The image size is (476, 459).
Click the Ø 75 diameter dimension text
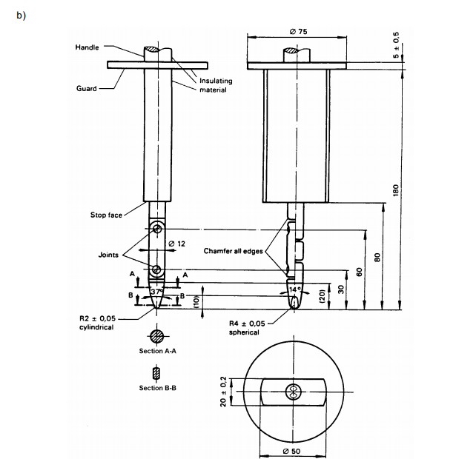click(298, 32)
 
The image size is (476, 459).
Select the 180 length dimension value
click(395, 190)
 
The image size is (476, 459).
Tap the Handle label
click(87, 47)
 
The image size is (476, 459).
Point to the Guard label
click(87, 89)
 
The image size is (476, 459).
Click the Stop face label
click(106, 215)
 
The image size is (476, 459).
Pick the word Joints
click(108, 255)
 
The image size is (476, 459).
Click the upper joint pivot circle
click(157, 229)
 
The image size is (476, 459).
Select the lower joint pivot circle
click(156, 269)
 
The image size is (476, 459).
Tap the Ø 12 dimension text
click(176, 244)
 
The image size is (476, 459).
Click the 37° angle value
click(156, 292)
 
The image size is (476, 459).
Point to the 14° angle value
click(295, 289)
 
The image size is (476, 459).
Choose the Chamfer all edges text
click(233, 251)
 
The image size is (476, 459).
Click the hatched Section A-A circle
click(157, 336)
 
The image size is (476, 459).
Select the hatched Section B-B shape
click(156, 374)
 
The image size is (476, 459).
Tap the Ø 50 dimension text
click(291, 451)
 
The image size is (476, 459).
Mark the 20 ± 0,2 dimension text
click(223, 392)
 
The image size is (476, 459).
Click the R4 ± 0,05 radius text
click(247, 324)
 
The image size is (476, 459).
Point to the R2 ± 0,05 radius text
click(97, 318)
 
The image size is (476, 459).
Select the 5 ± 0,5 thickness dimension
click(396, 45)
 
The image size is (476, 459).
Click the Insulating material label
click(216, 85)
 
